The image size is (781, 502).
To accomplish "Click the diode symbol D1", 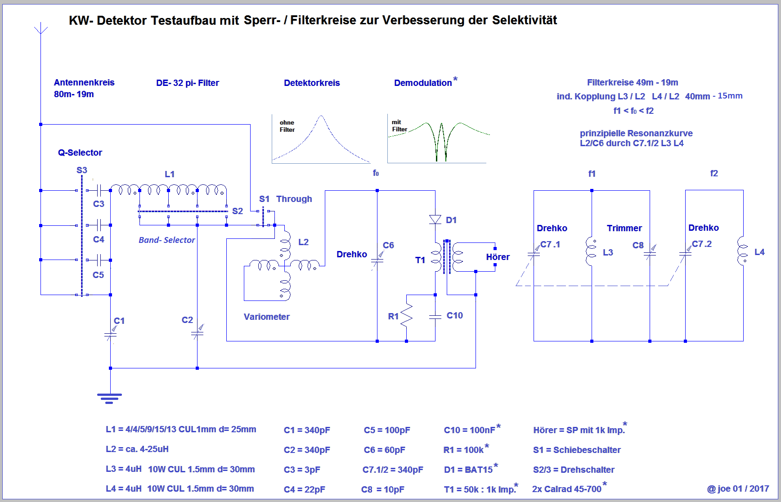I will coord(435,219).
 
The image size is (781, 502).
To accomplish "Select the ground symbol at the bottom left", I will coord(109,398).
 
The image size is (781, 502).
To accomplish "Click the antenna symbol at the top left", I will coord(41,29).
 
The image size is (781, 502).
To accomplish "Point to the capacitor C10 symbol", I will coord(435,317).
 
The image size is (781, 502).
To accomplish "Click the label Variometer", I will coord(266,317).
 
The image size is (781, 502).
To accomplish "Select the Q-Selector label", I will coord(80,152).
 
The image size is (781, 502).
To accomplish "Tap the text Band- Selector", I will coord(166,240).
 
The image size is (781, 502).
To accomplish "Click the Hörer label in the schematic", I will coord(498,257).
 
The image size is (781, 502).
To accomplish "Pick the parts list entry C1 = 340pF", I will coord(307,430).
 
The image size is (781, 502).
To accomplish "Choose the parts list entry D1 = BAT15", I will coord(468,470).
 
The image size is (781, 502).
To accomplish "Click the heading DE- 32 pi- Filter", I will coord(187,83).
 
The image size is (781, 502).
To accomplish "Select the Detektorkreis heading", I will coord(312,83).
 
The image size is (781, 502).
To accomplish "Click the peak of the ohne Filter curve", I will coord(321,117).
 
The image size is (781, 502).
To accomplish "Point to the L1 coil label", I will coord(170,174).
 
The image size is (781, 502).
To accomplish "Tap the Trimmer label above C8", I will coord(624,228).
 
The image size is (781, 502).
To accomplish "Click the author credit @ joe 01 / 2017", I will coord(738,489).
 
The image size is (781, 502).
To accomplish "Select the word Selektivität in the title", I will coord(524,20).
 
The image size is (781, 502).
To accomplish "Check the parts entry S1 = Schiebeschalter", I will coord(577,450).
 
